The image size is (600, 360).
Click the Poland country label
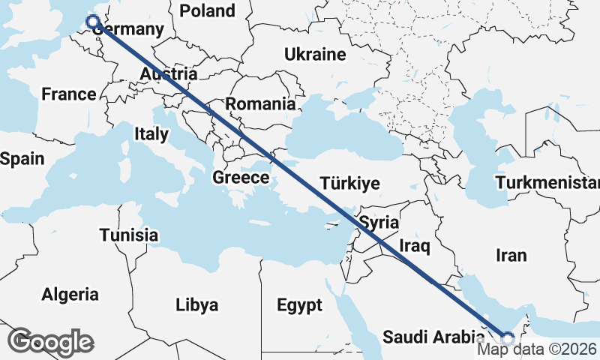pyautogui.click(x=207, y=10)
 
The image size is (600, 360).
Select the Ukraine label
pyautogui.click(x=314, y=54)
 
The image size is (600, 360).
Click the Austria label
pyautogui.click(x=169, y=74)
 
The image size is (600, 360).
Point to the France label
pyautogui.click(x=68, y=94)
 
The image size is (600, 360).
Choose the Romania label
pyautogui.click(x=260, y=104)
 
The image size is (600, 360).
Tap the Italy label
pyautogui.click(x=151, y=134)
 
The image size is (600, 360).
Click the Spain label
pyautogui.click(x=22, y=159)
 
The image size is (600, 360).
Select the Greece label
pyautogui.click(x=241, y=178)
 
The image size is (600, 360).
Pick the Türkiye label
pyautogui.click(x=349, y=183)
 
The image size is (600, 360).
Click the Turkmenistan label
pyautogui.click(x=547, y=183)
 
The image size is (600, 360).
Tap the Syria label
pyautogui.click(x=379, y=223)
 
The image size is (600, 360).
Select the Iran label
pyautogui.click(x=511, y=255)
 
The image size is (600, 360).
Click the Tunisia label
pyautogui.click(x=129, y=235)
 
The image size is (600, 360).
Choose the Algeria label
pyautogui.click(x=70, y=294)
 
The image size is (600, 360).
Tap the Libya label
pyautogui.click(x=196, y=305)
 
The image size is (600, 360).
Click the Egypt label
pyautogui.click(x=299, y=305)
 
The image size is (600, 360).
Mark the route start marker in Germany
pyautogui.click(x=93, y=22)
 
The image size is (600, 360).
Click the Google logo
pyautogui.click(x=50, y=341)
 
